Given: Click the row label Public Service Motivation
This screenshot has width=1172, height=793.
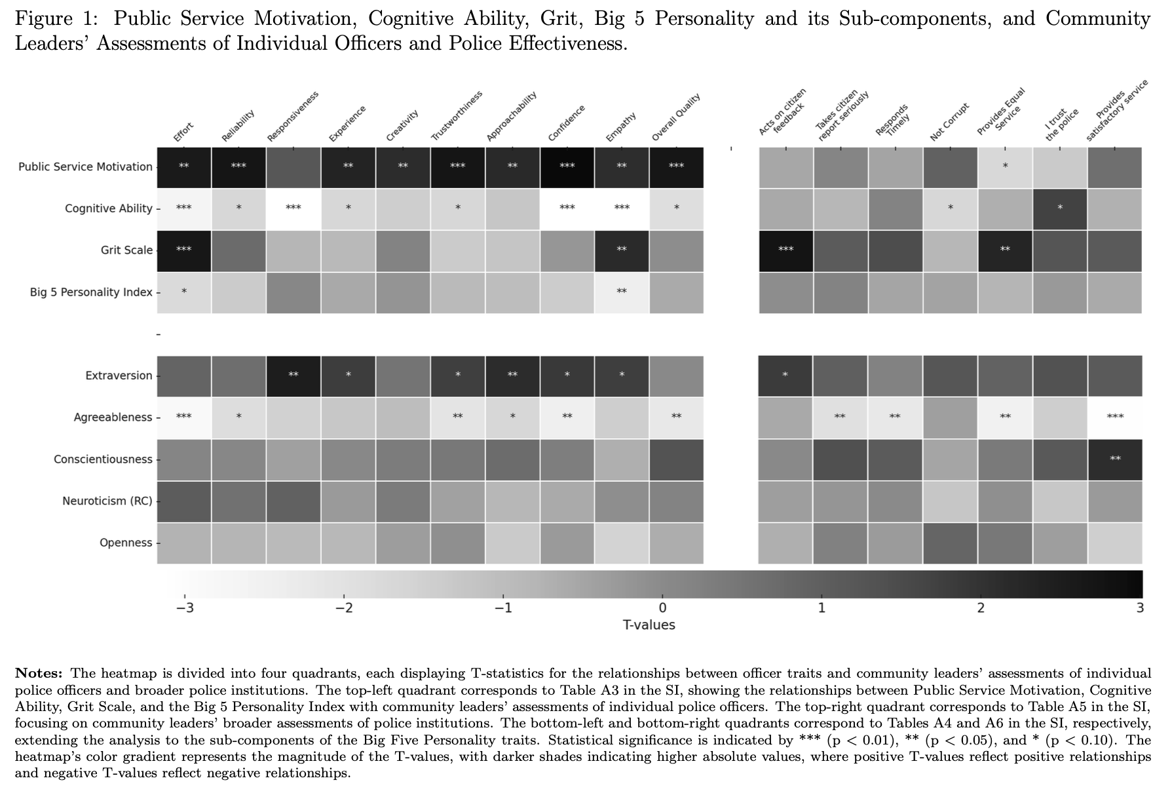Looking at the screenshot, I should pyautogui.click(x=85, y=167).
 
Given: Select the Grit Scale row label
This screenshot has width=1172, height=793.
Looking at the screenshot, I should pyautogui.click(x=126, y=250).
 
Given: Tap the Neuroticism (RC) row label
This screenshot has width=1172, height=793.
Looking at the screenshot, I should pyautogui.click(x=107, y=501).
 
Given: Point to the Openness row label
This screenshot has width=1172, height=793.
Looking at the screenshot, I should pyautogui.click(x=126, y=543).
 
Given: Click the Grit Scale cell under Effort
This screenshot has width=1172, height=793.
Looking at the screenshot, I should pyautogui.click(x=184, y=250).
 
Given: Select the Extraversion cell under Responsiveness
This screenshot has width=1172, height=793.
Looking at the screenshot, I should pyautogui.click(x=293, y=376).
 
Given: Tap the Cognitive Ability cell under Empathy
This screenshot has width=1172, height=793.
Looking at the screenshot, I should pyautogui.click(x=622, y=208).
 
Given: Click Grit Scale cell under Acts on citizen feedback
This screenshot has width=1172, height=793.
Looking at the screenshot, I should pyautogui.click(x=785, y=250).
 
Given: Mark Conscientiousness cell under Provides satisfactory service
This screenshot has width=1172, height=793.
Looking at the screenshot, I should pyautogui.click(x=1115, y=459).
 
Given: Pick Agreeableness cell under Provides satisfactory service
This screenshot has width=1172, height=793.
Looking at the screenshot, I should pyautogui.click(x=1115, y=417).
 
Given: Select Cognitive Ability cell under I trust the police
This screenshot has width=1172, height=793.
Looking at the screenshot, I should pyautogui.click(x=1060, y=208).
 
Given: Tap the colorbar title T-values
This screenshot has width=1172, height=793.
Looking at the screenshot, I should pyautogui.click(x=649, y=625).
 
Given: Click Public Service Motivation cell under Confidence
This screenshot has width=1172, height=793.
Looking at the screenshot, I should pyautogui.click(x=567, y=167).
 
